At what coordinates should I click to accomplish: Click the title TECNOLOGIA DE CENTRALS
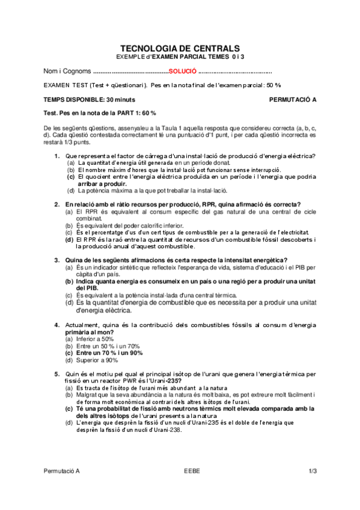[180, 48]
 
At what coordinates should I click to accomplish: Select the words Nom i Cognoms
[67, 71]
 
